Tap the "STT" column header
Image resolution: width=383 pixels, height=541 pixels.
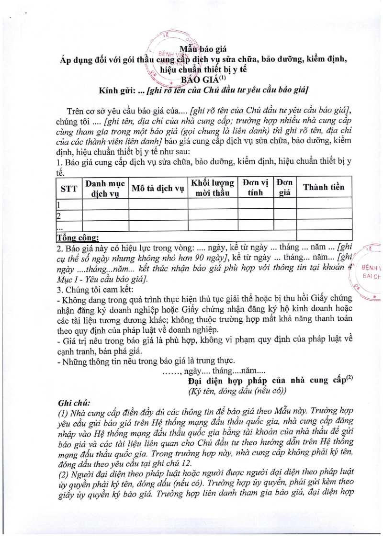coord(68,188)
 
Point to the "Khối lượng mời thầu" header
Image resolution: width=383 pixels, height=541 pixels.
coord(213,188)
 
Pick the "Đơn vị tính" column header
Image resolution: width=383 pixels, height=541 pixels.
coord(255,188)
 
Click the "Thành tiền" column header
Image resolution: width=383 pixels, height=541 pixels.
coord(324,187)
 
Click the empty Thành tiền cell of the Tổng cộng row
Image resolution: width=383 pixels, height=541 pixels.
coord(324,235)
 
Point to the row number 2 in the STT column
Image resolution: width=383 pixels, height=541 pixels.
coord(58,215)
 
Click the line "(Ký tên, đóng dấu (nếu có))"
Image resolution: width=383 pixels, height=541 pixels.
coord(237,391)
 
